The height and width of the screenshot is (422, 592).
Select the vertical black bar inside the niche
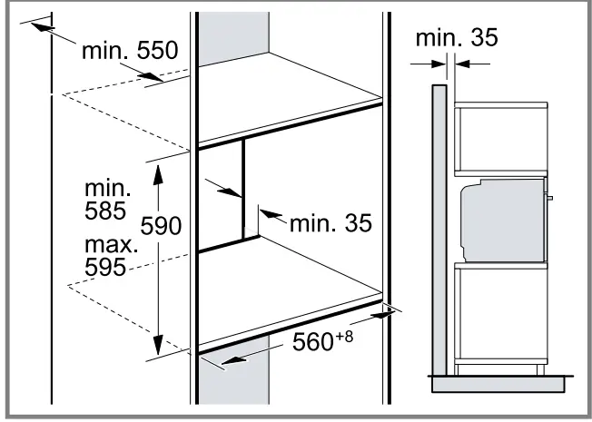coord(243,192)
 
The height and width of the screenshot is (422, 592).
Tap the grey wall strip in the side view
coord(439,227)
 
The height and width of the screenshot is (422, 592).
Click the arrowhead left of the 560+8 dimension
coord(227,361)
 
